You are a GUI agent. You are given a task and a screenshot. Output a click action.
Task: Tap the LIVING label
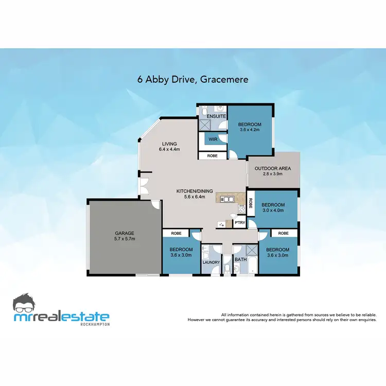(x=169, y=144)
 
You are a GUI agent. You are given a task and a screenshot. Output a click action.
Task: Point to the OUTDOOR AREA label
(x=273, y=168)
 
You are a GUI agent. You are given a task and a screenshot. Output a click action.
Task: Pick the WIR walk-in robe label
(x=212, y=139)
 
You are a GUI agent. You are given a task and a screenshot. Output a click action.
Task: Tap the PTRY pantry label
(x=239, y=222)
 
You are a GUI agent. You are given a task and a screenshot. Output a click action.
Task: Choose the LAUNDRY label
(x=212, y=262)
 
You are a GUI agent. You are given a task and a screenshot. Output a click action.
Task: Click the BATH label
(x=240, y=259)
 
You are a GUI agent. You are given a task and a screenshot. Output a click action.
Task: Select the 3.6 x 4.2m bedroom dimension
(x=250, y=130)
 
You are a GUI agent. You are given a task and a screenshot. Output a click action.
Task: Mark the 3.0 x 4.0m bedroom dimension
(x=273, y=210)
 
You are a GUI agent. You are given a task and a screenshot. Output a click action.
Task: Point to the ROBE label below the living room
(x=212, y=155)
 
